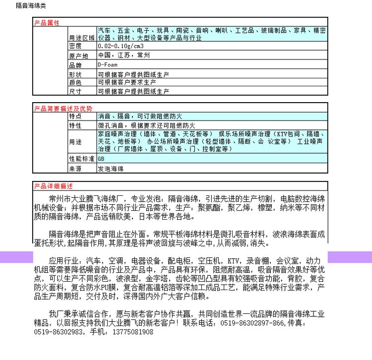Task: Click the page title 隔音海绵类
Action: tap(19, 5)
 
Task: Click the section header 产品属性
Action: tap(47, 23)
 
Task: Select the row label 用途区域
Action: tap(81, 38)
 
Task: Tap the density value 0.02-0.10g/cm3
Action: tap(117, 46)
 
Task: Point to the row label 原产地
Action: tap(78, 56)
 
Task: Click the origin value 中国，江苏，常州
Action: tap(121, 55)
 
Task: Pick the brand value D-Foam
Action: tap(108, 64)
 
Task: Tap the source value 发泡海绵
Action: tap(111, 169)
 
